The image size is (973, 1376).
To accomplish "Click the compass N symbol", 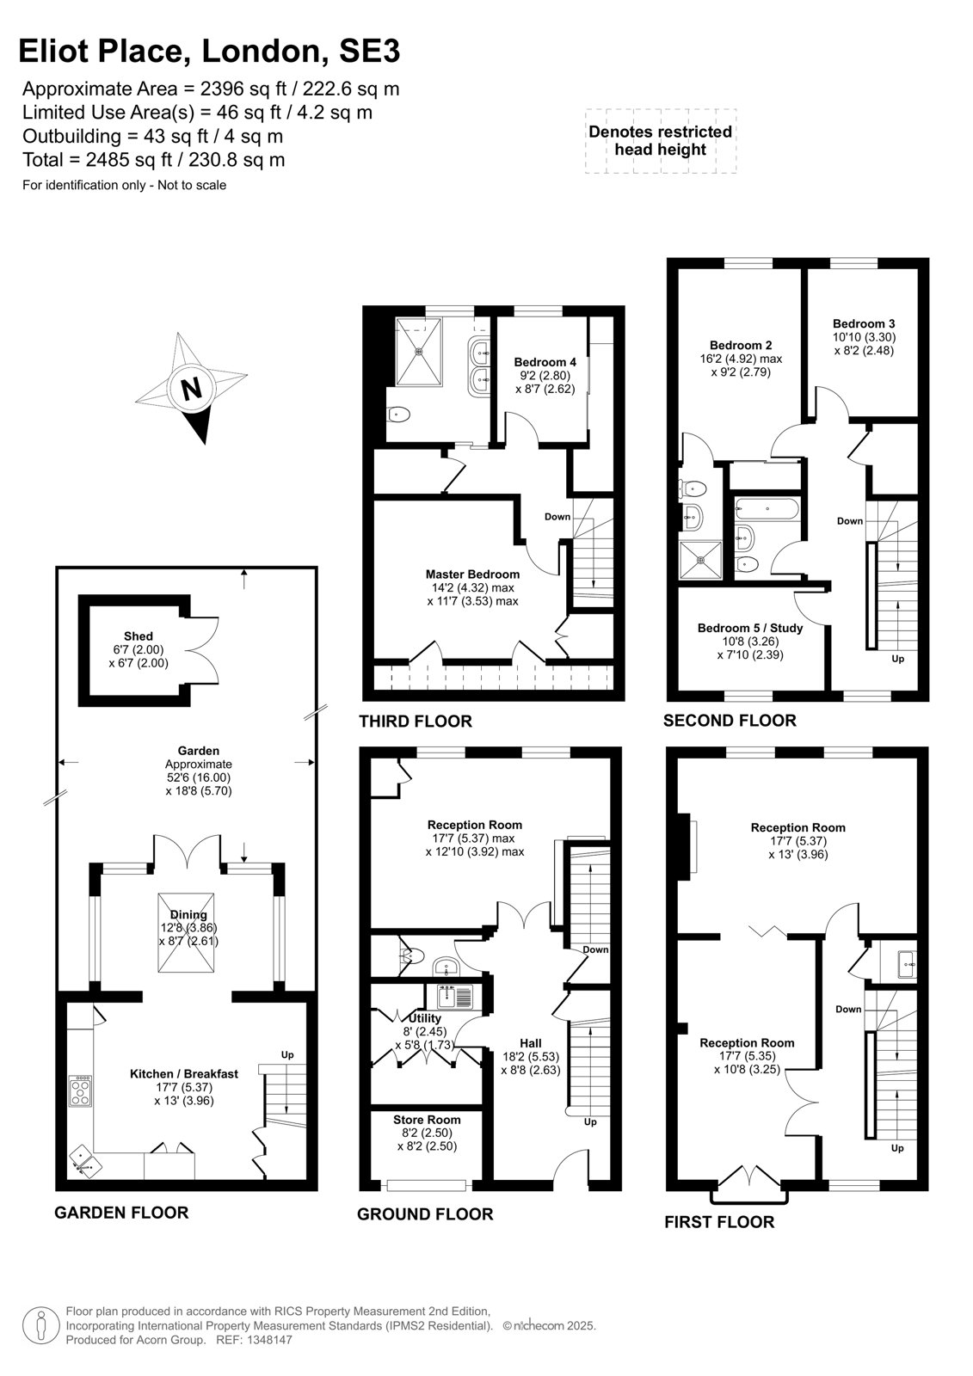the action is point(191,388).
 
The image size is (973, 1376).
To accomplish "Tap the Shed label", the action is point(139,636).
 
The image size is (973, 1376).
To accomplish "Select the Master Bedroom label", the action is point(472,574).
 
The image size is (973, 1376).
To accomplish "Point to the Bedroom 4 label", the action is point(545,362).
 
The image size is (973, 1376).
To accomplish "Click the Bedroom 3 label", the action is point(864,323).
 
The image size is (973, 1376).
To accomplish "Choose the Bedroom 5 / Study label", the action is point(750,628).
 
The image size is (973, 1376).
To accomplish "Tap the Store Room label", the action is point(427,1120).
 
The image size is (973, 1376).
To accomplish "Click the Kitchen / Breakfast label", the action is point(184,1074).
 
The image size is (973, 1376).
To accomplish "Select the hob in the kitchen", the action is point(80,1091).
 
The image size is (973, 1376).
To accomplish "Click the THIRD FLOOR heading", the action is point(416,722).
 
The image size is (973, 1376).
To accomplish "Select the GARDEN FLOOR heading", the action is point(121,1213).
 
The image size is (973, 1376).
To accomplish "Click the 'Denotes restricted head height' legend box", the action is point(661,141).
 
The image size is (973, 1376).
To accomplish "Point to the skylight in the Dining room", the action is point(186,932).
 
